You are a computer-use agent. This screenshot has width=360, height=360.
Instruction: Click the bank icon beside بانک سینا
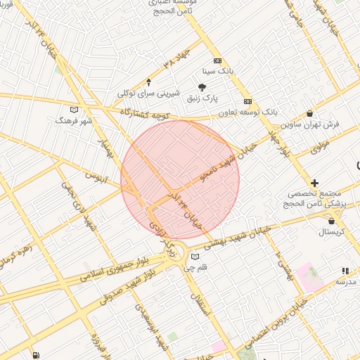(x=217, y=60)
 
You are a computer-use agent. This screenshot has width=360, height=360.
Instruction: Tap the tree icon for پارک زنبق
(x=202, y=87)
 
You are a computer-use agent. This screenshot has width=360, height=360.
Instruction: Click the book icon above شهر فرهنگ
(x=74, y=109)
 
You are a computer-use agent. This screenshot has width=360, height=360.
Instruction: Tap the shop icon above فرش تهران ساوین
(x=310, y=112)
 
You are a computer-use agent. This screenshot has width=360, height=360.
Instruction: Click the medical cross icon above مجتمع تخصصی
(x=314, y=183)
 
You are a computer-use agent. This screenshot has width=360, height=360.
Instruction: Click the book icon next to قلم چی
(x=195, y=257)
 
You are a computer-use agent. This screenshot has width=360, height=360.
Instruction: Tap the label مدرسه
(x=345, y=281)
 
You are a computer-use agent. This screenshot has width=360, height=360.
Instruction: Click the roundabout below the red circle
(x=172, y=250)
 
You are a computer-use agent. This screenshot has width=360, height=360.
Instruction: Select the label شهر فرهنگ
(x=75, y=120)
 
